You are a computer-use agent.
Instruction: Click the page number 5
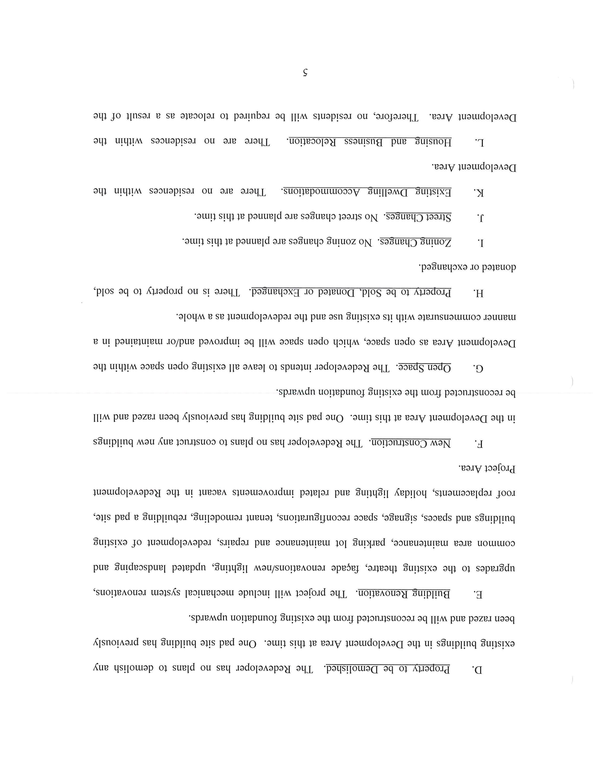(x=305, y=73)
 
